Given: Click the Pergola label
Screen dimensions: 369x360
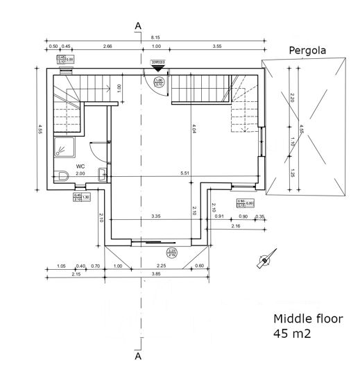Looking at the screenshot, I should (307, 51).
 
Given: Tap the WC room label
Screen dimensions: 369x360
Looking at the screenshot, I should (80, 166).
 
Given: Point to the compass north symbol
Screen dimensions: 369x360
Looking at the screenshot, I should (263, 261).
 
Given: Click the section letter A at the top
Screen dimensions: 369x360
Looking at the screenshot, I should (139, 26).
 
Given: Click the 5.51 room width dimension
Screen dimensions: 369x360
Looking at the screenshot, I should (184, 172).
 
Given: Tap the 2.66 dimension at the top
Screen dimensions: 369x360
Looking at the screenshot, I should (108, 46).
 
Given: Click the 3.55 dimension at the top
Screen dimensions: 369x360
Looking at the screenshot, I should (217, 46).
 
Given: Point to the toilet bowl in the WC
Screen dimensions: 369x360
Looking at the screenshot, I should (62, 176).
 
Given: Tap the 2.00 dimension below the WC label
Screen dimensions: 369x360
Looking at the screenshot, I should (80, 173).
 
